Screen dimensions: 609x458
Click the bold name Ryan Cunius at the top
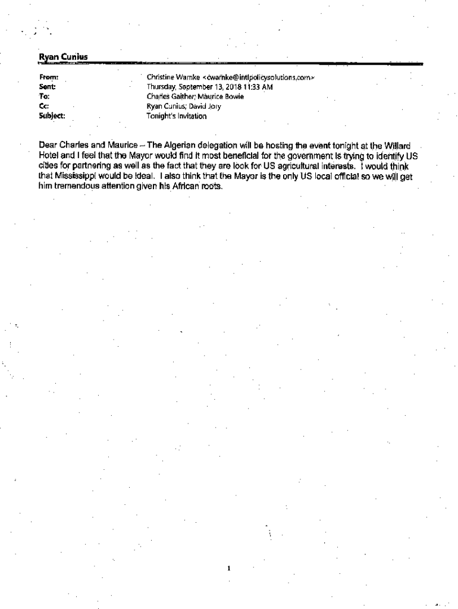coord(63,57)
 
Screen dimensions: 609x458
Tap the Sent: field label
coord(46,87)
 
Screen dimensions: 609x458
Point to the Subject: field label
coord(52,116)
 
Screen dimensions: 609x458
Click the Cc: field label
coord(43,106)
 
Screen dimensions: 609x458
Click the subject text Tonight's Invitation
coord(177,116)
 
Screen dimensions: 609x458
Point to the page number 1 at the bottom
coord(228,568)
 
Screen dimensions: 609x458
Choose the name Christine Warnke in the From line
coord(172,77)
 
